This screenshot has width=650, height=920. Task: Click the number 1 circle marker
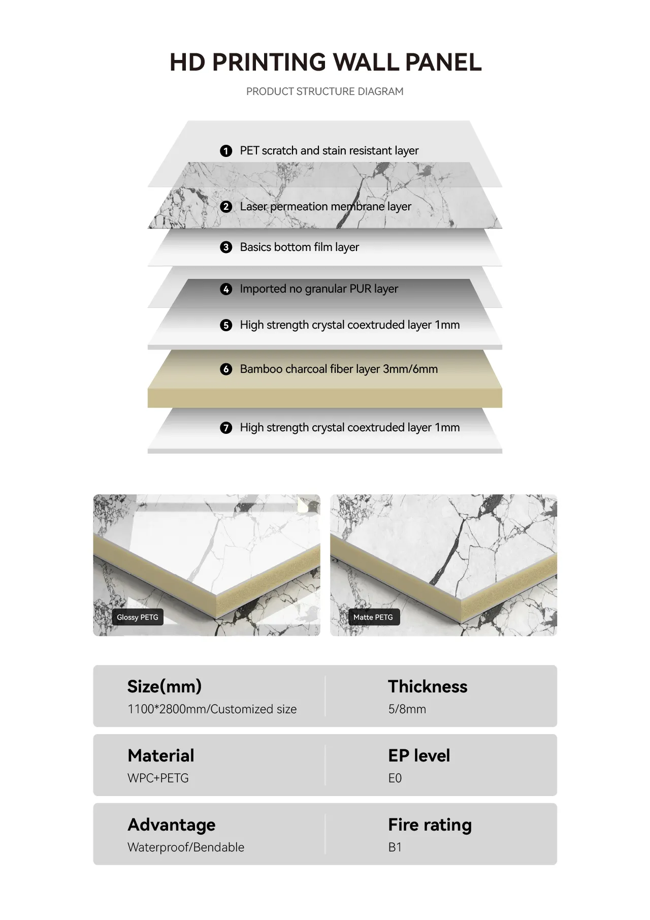click(226, 151)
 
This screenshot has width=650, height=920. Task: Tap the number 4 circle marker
click(226, 289)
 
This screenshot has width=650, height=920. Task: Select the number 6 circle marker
click(226, 369)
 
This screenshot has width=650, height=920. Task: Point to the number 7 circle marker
click(226, 428)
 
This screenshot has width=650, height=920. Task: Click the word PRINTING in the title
click(269, 62)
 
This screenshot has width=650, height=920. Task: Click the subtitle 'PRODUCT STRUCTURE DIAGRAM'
click(325, 91)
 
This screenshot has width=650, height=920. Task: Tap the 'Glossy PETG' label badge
click(138, 617)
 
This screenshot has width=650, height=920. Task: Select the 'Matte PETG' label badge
click(373, 617)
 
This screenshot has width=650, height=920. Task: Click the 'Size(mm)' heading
click(165, 686)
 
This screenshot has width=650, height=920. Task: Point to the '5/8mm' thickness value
click(407, 709)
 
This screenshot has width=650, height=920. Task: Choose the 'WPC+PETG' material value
click(158, 778)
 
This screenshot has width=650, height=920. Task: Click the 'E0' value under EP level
click(395, 778)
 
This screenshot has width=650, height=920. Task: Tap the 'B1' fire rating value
click(395, 847)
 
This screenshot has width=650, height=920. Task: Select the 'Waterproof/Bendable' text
click(186, 847)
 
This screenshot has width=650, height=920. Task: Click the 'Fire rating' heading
click(430, 825)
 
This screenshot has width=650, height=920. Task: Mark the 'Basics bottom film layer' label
click(300, 247)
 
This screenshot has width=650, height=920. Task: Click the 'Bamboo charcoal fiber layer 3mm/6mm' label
click(339, 369)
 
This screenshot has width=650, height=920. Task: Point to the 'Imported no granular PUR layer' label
click(319, 289)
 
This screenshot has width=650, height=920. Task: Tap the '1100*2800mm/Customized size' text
click(212, 709)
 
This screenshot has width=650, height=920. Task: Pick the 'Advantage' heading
click(172, 825)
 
